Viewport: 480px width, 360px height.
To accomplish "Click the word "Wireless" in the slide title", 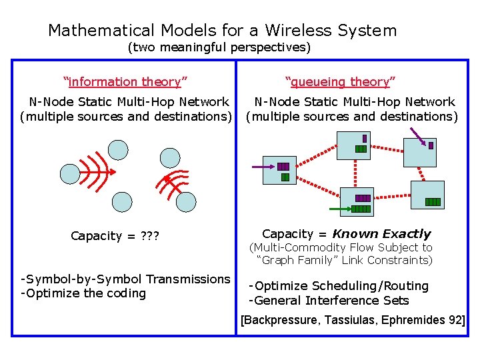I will [x=298, y=31].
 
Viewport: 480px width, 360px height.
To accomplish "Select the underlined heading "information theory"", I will [x=125, y=82].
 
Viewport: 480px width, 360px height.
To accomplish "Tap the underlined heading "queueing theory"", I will [x=340, y=82].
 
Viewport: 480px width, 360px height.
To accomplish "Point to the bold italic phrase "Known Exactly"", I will [x=381, y=234].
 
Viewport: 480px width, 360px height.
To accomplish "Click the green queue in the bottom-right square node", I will [x=433, y=202].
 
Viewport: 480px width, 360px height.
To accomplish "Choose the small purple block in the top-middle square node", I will [x=364, y=139].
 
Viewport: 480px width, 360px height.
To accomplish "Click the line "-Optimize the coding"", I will [x=83, y=294].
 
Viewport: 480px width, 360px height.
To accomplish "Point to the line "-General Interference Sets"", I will [x=329, y=301].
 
